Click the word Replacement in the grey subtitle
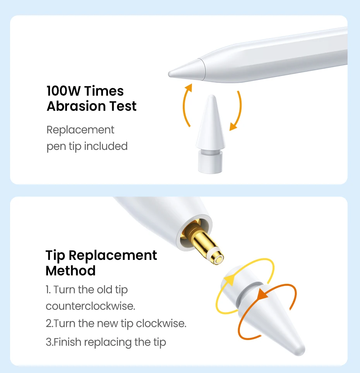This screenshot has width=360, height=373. coord(81,130)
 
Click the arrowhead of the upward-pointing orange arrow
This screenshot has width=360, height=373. coord(189,87)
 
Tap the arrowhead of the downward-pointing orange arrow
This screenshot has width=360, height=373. coord(233,127)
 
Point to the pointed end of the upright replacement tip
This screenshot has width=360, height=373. coord(211,96)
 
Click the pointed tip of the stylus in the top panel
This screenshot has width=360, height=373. coord(170,74)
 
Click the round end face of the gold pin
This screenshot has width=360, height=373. coord(218,259)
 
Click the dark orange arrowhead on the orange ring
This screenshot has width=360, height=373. coord(262,294)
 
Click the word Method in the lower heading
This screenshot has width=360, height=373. coord(70,271)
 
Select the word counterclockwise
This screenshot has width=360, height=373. coord(90,306)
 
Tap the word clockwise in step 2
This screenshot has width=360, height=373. coord(161,323)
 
